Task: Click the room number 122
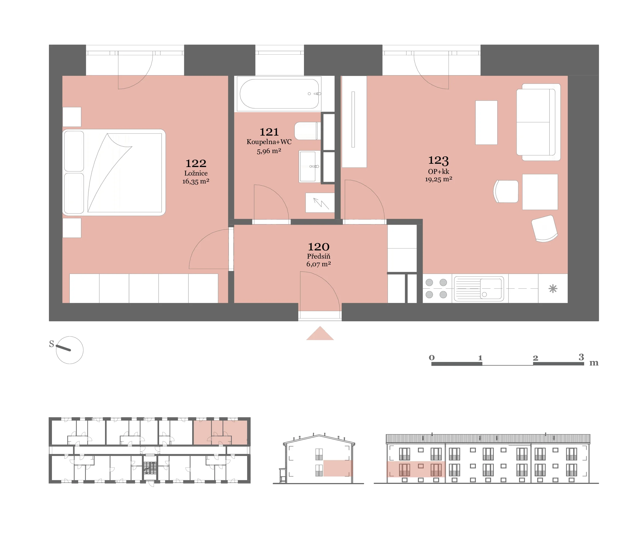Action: coord(196,163)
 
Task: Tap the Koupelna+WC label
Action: coord(269,142)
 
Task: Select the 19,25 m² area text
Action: coord(438,179)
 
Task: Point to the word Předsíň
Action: coord(319,256)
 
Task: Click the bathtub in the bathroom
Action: coord(279,94)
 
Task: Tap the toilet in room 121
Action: coord(307,131)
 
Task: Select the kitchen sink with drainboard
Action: coord(479,288)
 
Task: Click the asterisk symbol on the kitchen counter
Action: coord(553,288)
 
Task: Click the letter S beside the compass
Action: coord(51,344)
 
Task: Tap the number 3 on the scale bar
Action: coord(581,357)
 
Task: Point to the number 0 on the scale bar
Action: coord(432,357)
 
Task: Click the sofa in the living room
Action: coord(538,122)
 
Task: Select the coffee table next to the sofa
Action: coord(486,122)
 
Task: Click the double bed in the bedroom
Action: coord(114,173)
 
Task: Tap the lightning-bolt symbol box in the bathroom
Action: coord(320,203)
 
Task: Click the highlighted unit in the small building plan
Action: coord(220,432)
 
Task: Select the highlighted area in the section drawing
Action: coord(338,468)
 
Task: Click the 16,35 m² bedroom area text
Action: coord(196,181)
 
